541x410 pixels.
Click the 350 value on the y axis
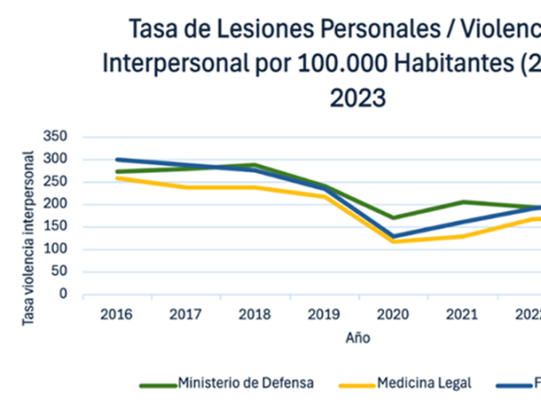click(x=56, y=137)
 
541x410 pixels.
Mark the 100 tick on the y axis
click(x=56, y=250)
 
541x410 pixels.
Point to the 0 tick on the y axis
click(x=64, y=295)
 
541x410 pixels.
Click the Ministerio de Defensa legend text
click(x=246, y=383)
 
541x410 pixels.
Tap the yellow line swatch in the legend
click(x=353, y=385)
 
